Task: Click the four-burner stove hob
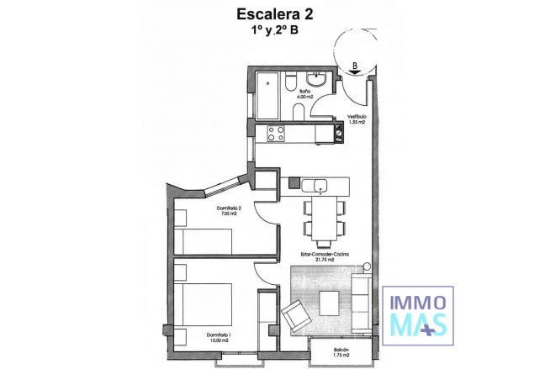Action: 275,132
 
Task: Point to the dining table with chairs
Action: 323,215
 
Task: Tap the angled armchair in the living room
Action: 297,316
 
